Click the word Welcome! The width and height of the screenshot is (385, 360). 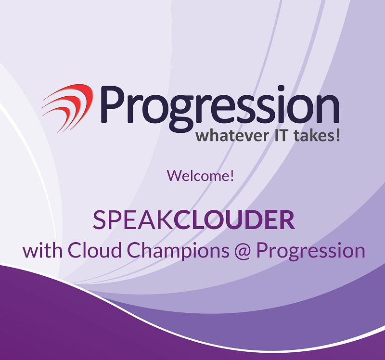(x=200, y=175)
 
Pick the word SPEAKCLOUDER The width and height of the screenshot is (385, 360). (x=194, y=220)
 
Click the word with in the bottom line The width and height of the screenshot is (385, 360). (x=42, y=250)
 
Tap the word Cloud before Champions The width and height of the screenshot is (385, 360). (x=94, y=250)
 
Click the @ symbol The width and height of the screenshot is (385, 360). (x=243, y=251)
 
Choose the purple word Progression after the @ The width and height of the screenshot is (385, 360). (x=311, y=251)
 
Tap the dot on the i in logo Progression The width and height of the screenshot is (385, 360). (x=282, y=89)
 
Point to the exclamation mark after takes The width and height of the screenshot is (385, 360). (x=338, y=136)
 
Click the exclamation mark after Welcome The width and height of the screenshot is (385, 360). (x=231, y=175)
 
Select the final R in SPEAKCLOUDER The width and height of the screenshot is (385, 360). (x=287, y=220)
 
